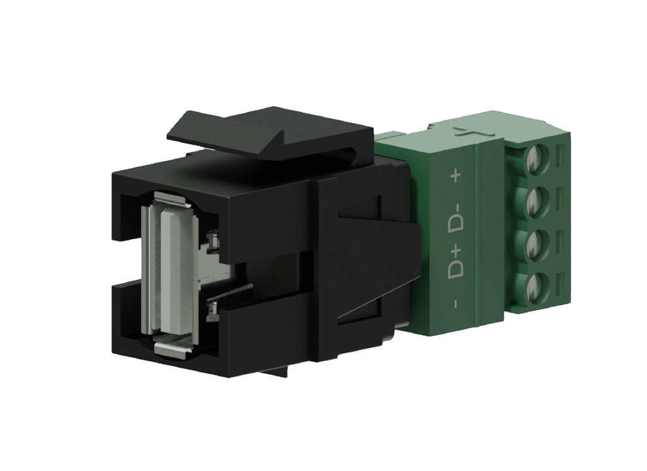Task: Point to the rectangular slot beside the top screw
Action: click(x=564, y=154)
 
